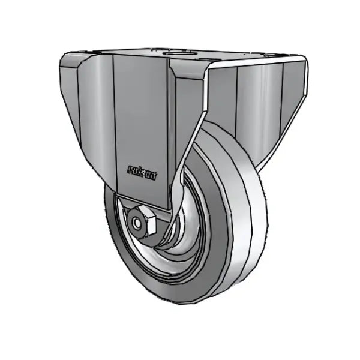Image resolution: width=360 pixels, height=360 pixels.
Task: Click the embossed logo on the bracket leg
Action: (142, 172)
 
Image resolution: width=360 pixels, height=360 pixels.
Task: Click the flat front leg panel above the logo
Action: (141, 114)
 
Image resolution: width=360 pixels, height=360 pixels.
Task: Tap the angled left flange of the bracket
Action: (90, 102)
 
